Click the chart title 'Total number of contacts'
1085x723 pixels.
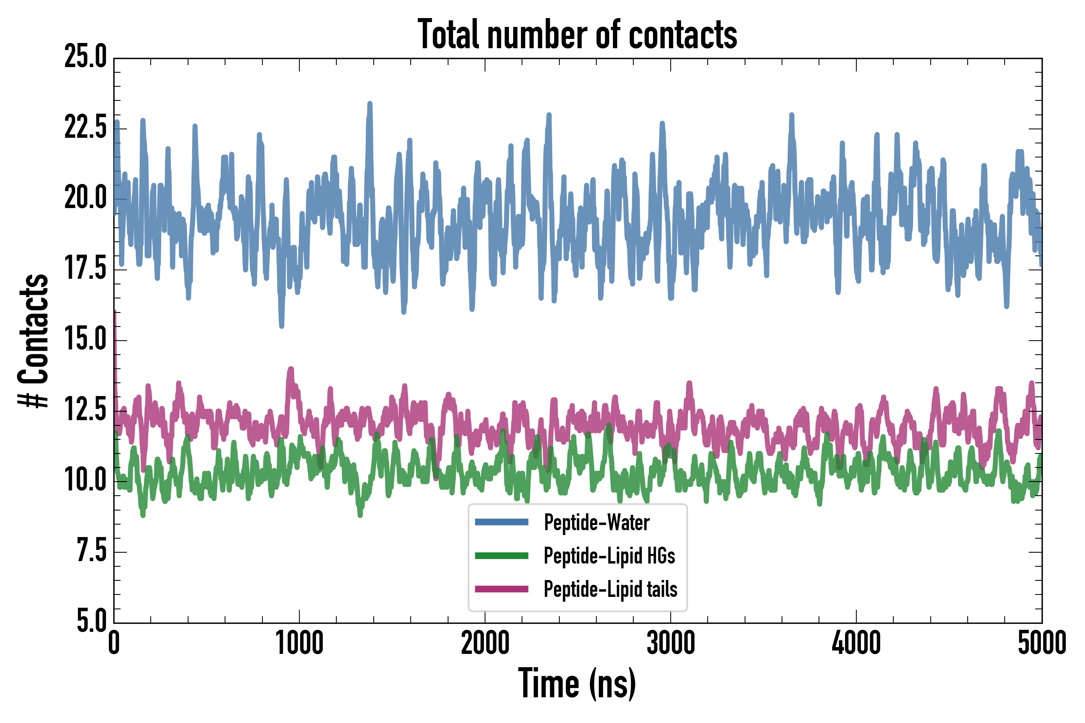click(577, 35)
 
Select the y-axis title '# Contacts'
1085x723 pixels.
click(33, 341)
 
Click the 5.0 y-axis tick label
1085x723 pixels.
click(91, 621)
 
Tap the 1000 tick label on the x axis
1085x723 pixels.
click(299, 643)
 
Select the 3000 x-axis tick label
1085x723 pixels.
click(670, 643)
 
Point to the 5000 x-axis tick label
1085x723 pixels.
click(1042, 643)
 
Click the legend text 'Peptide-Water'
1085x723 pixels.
click(596, 523)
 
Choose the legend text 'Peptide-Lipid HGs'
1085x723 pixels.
click(609, 556)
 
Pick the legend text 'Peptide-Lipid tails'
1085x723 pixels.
click(610, 589)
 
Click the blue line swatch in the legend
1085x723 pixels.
click(502, 522)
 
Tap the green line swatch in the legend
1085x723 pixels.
click(502, 556)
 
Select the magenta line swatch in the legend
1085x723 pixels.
click(502, 589)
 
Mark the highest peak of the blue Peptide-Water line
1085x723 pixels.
click(370, 104)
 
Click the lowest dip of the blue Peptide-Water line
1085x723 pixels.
click(281, 325)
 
